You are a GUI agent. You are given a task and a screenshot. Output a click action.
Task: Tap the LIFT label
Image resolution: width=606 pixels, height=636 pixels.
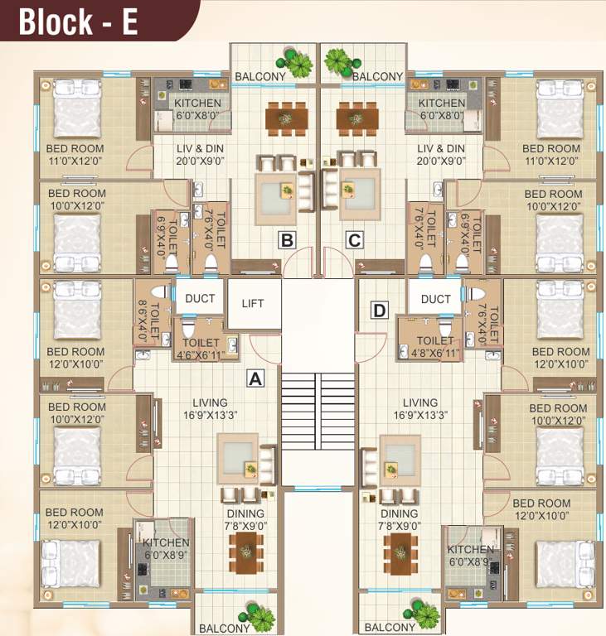[x=253, y=303]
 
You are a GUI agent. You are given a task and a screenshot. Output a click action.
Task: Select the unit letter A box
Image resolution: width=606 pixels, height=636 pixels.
[x=256, y=378]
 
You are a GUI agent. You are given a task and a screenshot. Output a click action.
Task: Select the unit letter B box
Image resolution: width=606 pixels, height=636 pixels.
[x=287, y=241]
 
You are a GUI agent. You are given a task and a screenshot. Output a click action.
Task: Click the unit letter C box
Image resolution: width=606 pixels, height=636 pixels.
[x=354, y=241]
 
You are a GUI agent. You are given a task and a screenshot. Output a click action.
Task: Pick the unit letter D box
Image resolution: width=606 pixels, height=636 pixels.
[x=380, y=311]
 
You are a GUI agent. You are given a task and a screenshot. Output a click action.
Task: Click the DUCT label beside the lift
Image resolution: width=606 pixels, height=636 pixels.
[x=200, y=299]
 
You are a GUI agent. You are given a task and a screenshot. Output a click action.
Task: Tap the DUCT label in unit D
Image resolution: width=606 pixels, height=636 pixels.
[x=435, y=299]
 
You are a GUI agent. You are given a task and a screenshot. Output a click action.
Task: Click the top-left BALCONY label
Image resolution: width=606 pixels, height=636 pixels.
[x=260, y=77]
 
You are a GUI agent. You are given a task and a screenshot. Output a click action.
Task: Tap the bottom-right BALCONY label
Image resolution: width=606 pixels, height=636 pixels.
[x=390, y=628]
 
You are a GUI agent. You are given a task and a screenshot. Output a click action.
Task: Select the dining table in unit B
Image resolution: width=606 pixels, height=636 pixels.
[x=284, y=118]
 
